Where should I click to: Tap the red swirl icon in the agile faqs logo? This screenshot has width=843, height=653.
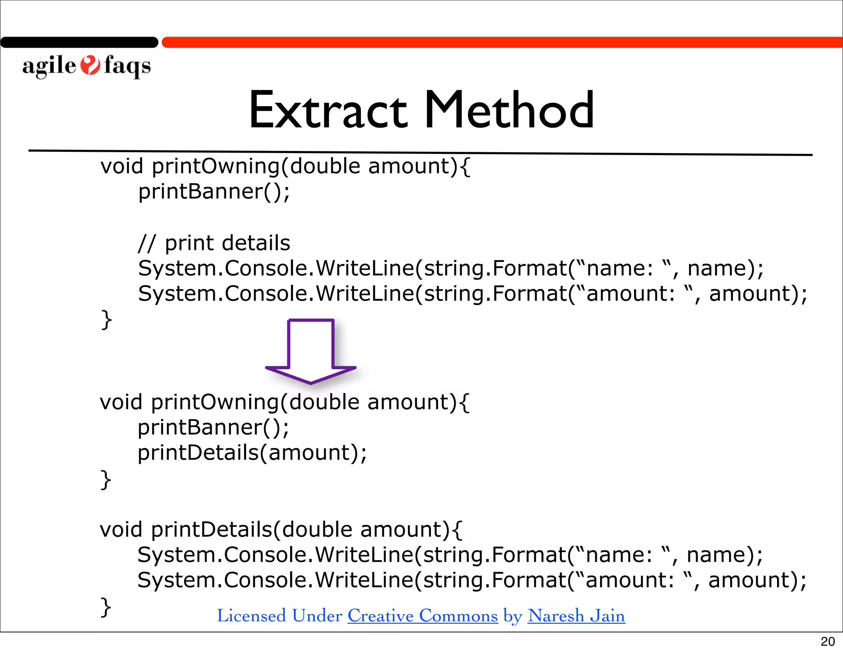coord(90,65)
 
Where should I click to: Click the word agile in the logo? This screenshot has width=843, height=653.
coord(49,66)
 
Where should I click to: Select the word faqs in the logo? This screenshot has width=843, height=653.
coord(127,66)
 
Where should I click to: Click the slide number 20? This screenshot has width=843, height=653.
coord(827,641)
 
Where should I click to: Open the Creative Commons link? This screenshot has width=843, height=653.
coord(423,616)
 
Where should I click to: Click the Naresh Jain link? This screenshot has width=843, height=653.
coord(576,616)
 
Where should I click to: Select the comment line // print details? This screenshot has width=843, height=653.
coord(214,243)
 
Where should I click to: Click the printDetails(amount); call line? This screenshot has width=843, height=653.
coord(252,453)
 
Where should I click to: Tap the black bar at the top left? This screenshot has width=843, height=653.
coord(79,42)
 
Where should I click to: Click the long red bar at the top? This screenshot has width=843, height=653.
coord(502,42)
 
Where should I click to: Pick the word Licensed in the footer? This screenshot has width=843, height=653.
coord(252,616)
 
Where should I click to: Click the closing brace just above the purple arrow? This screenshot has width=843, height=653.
coord(106,320)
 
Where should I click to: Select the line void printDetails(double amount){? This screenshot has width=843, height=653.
coord(281,530)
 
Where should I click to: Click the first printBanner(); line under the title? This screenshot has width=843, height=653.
coord(214,192)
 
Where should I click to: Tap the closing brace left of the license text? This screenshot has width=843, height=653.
coord(106,607)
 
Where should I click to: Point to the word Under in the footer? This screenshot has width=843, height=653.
coord(317,616)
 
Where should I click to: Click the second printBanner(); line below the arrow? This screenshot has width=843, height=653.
coord(213,428)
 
